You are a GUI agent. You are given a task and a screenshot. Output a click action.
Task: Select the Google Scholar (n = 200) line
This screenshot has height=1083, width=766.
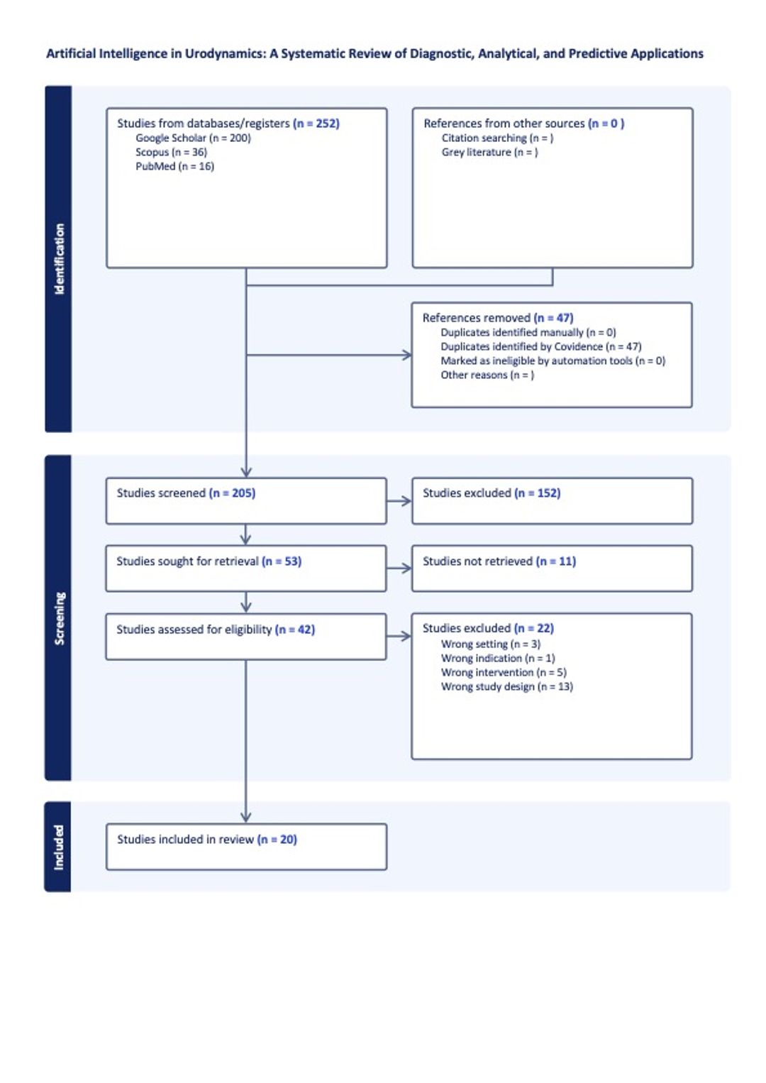[x=194, y=138]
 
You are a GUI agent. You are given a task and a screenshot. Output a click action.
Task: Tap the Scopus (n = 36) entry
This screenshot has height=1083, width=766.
[x=171, y=153]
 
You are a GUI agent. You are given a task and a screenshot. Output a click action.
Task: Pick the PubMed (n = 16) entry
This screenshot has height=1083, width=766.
[x=175, y=166]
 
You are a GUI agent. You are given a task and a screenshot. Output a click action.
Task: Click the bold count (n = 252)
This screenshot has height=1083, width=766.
[x=316, y=123]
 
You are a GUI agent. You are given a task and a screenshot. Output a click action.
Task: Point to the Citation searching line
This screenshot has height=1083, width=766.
[x=497, y=138]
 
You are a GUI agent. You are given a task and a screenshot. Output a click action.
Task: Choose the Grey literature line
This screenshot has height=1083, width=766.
[x=489, y=153]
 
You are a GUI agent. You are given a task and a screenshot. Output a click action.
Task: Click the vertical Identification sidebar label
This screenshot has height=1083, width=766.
[x=59, y=258]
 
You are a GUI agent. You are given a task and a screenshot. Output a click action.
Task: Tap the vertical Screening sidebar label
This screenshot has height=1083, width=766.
[x=59, y=618]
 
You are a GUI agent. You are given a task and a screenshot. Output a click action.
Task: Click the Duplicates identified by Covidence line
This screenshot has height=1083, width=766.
[x=540, y=346]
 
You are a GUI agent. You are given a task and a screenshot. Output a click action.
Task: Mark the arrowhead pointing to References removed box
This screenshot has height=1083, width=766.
[x=407, y=356]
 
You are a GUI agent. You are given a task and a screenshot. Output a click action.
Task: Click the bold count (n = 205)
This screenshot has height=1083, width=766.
[x=232, y=493]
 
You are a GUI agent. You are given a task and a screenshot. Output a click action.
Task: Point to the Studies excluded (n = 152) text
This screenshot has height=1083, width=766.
[x=492, y=493]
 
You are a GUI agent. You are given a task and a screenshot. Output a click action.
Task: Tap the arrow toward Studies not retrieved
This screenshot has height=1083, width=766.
[x=399, y=568]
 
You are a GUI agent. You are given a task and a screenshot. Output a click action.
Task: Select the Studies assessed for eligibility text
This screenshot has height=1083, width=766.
[x=194, y=630]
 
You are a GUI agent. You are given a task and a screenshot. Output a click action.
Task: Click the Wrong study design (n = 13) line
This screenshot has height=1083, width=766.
[x=506, y=686]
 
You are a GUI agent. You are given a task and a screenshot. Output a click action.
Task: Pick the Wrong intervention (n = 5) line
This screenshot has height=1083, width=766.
[x=504, y=673]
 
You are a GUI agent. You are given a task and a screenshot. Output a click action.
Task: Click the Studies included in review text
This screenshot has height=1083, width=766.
[x=185, y=840]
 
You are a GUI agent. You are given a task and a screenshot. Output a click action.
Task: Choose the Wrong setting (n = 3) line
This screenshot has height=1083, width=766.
[x=491, y=644]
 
